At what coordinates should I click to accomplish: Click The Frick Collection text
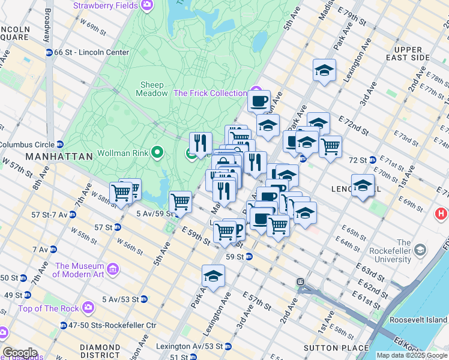(x=209, y=93)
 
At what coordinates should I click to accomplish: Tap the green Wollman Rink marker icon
(x=158, y=151)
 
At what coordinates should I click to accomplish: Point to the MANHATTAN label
(x=59, y=156)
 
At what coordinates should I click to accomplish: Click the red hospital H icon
(x=442, y=213)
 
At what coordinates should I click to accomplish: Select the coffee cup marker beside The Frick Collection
(x=259, y=101)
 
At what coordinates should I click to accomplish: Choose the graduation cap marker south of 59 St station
(x=213, y=276)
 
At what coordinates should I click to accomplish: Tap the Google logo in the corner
(x=20, y=352)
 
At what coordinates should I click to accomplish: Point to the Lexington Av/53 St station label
(x=189, y=346)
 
